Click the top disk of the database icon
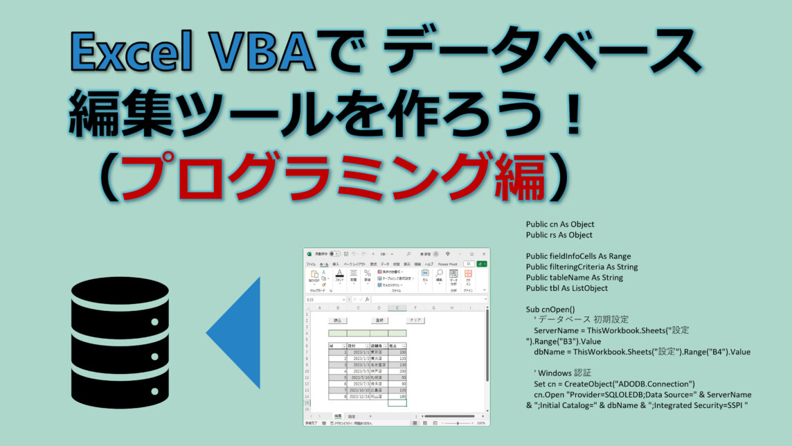click(x=120, y=294)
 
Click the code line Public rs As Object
click(x=559, y=235)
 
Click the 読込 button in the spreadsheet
click(x=337, y=321)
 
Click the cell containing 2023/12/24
click(x=359, y=396)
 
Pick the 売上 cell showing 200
click(x=397, y=371)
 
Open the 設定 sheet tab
click(x=352, y=416)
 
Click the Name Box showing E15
click(x=312, y=300)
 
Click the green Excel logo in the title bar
click(x=309, y=253)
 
